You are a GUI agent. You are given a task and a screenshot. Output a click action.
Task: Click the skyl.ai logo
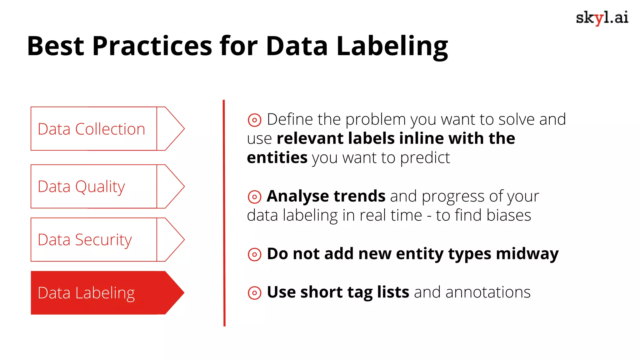pyautogui.click(x=602, y=18)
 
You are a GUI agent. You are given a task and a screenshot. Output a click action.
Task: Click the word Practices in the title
pyautogui.click(x=152, y=46)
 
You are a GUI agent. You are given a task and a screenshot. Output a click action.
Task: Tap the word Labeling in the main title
pyautogui.click(x=392, y=46)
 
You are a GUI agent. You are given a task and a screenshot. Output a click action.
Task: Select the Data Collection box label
pyautogui.click(x=91, y=129)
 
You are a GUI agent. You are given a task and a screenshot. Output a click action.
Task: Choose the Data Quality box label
pyautogui.click(x=81, y=187)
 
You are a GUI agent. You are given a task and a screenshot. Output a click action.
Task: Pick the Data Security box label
pyautogui.click(x=85, y=240)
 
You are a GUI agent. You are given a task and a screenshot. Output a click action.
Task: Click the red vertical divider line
pyautogui.click(x=224, y=212)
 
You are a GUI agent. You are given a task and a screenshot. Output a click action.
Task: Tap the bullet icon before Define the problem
pyautogui.click(x=254, y=120)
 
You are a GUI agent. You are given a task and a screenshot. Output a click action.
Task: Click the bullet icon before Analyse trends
pyautogui.click(x=254, y=197)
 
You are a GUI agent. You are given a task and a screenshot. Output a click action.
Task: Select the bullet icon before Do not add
pyautogui.click(x=254, y=254)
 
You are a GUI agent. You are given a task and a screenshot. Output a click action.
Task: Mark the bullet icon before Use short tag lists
pyautogui.click(x=254, y=293)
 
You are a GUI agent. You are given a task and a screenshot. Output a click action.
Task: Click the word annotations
pyautogui.click(x=488, y=292)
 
